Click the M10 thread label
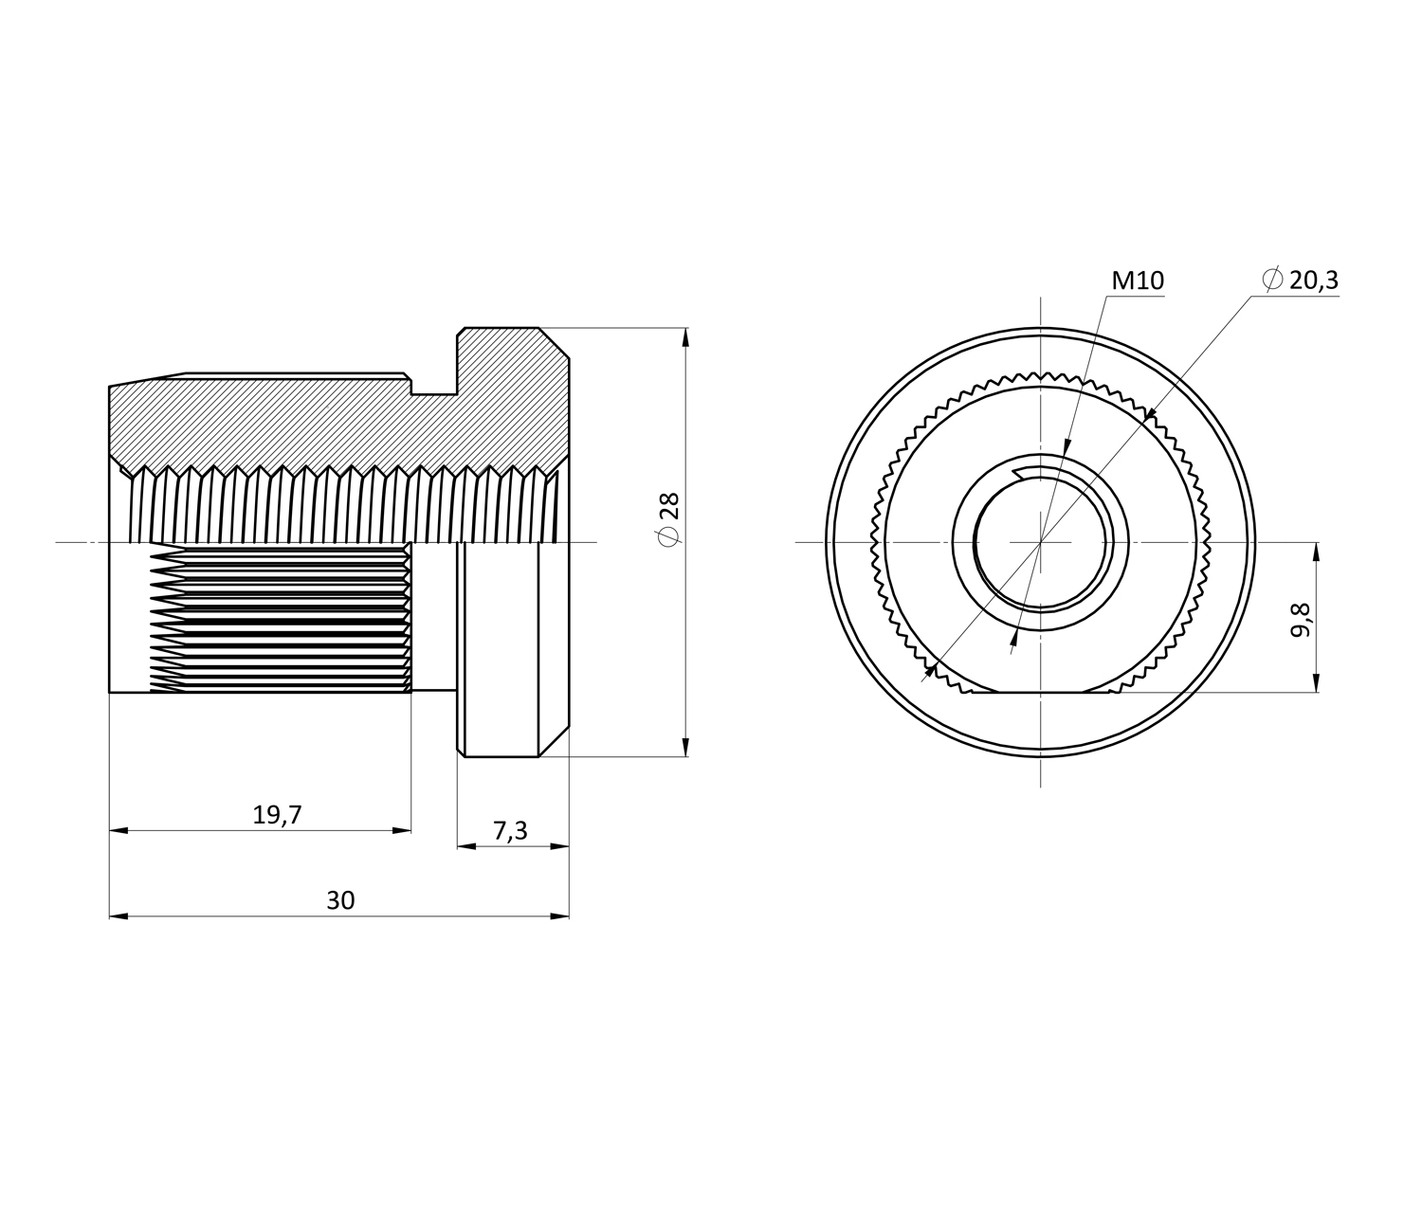click(x=1138, y=281)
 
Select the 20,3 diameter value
click(x=1313, y=280)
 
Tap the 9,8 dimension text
click(x=1301, y=619)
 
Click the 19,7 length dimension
click(x=277, y=815)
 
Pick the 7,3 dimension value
click(x=510, y=831)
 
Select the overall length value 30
click(x=340, y=900)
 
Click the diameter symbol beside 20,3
click(x=1272, y=280)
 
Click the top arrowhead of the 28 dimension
click(x=685, y=337)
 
